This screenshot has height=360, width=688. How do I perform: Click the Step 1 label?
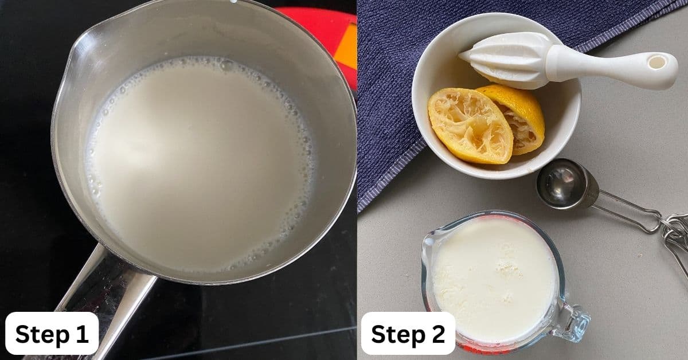[52, 334]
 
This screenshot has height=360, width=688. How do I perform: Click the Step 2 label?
[408, 334]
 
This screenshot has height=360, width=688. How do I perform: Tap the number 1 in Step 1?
[81, 334]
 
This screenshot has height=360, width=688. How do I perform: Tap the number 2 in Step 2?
[437, 334]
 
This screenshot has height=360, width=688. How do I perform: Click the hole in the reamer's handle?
[657, 61]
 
